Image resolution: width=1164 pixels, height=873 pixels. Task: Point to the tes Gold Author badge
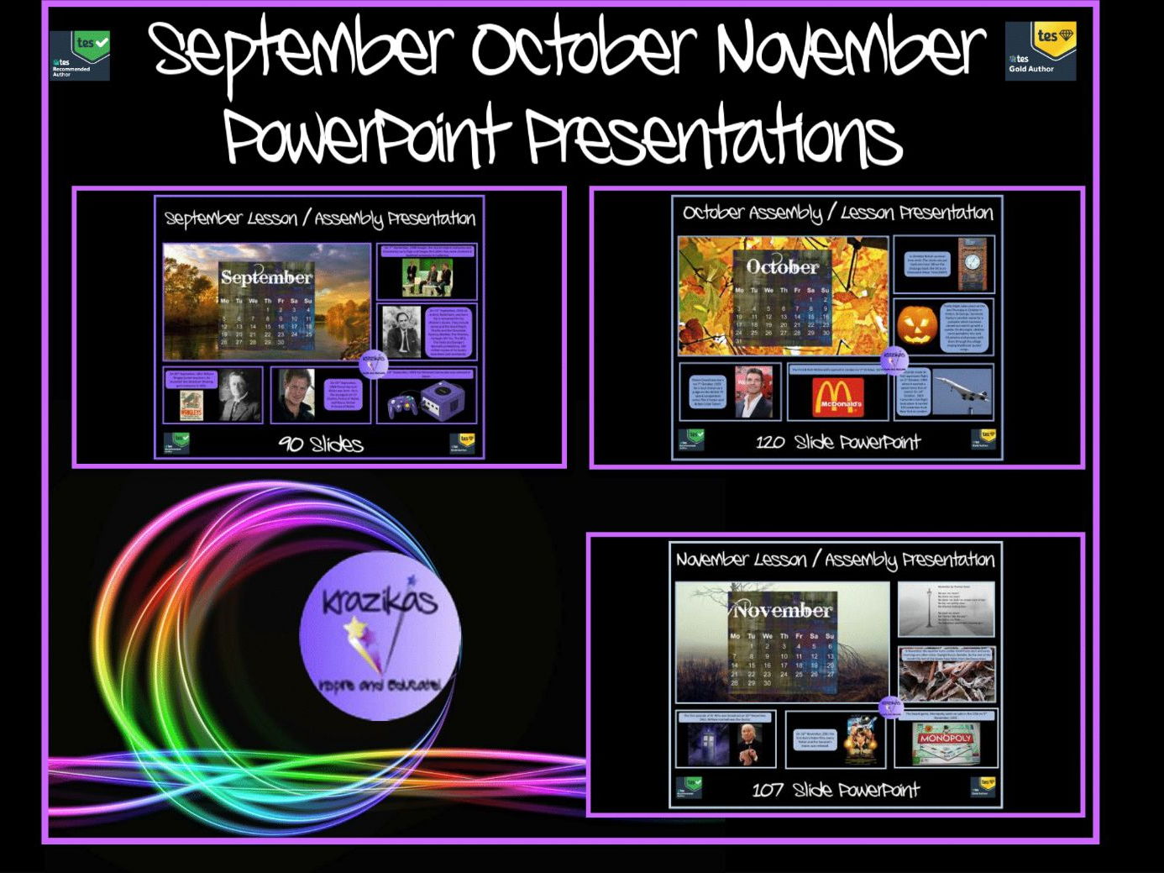[1041, 51]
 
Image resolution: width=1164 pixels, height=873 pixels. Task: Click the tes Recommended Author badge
[80, 55]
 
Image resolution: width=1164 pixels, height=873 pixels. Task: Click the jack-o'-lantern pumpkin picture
[916, 327]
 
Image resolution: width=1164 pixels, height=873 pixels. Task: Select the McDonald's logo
[837, 396]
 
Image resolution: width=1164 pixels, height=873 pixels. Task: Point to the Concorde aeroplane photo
[962, 394]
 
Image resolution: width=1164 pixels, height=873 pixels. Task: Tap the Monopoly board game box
[945, 743]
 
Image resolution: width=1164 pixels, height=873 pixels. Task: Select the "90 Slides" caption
[321, 444]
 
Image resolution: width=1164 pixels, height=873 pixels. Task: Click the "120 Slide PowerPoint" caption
[837, 442]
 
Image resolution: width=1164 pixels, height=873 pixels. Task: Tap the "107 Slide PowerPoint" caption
[836, 790]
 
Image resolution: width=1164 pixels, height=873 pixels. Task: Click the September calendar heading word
[266, 276]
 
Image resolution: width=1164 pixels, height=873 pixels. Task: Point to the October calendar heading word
[783, 266]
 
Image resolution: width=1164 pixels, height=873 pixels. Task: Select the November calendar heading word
[783, 610]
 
